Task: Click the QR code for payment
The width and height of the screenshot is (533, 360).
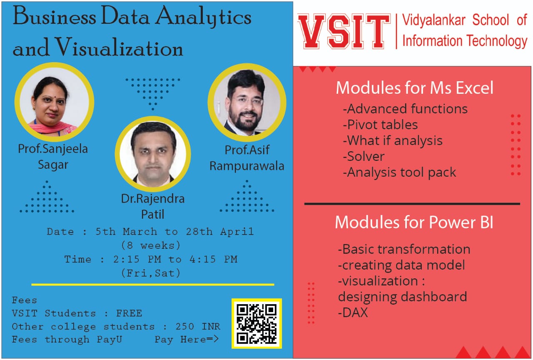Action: pyautogui.click(x=257, y=323)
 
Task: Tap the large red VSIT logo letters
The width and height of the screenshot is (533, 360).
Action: pyautogui.click(x=344, y=31)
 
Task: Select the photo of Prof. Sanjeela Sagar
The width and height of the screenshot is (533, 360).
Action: pyautogui.click(x=54, y=102)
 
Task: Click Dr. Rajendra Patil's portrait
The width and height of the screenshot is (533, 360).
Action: pyautogui.click(x=153, y=154)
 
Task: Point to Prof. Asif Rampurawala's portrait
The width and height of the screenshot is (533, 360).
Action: pyautogui.click(x=247, y=102)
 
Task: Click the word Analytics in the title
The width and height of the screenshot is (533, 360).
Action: pyautogui.click(x=204, y=17)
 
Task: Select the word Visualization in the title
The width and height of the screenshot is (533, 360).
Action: pyautogui.click(x=119, y=47)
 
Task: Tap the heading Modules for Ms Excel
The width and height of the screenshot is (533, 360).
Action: pyautogui.click(x=414, y=88)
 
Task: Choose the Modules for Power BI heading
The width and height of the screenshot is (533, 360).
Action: pyautogui.click(x=414, y=222)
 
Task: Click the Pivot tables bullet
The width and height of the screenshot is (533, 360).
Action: pyautogui.click(x=380, y=125)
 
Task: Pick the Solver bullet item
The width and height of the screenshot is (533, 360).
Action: pyautogui.click(x=364, y=156)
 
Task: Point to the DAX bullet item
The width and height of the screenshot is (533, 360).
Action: pyautogui.click(x=353, y=312)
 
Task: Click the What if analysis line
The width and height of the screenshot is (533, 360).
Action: pyautogui.click(x=393, y=140)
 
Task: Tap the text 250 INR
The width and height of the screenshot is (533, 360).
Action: pyautogui.click(x=198, y=326)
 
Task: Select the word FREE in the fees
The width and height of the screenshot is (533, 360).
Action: pyautogui.click(x=129, y=313)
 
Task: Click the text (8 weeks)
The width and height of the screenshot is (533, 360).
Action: pyautogui.click(x=151, y=245)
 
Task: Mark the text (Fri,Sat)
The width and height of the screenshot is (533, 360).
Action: pyautogui.click(x=151, y=273)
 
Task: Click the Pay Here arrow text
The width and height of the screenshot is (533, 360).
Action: pyautogui.click(x=187, y=339)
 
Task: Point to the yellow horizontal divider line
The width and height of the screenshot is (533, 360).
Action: pyautogui.click(x=153, y=285)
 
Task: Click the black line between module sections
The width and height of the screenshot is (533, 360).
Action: pyautogui.click(x=412, y=204)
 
